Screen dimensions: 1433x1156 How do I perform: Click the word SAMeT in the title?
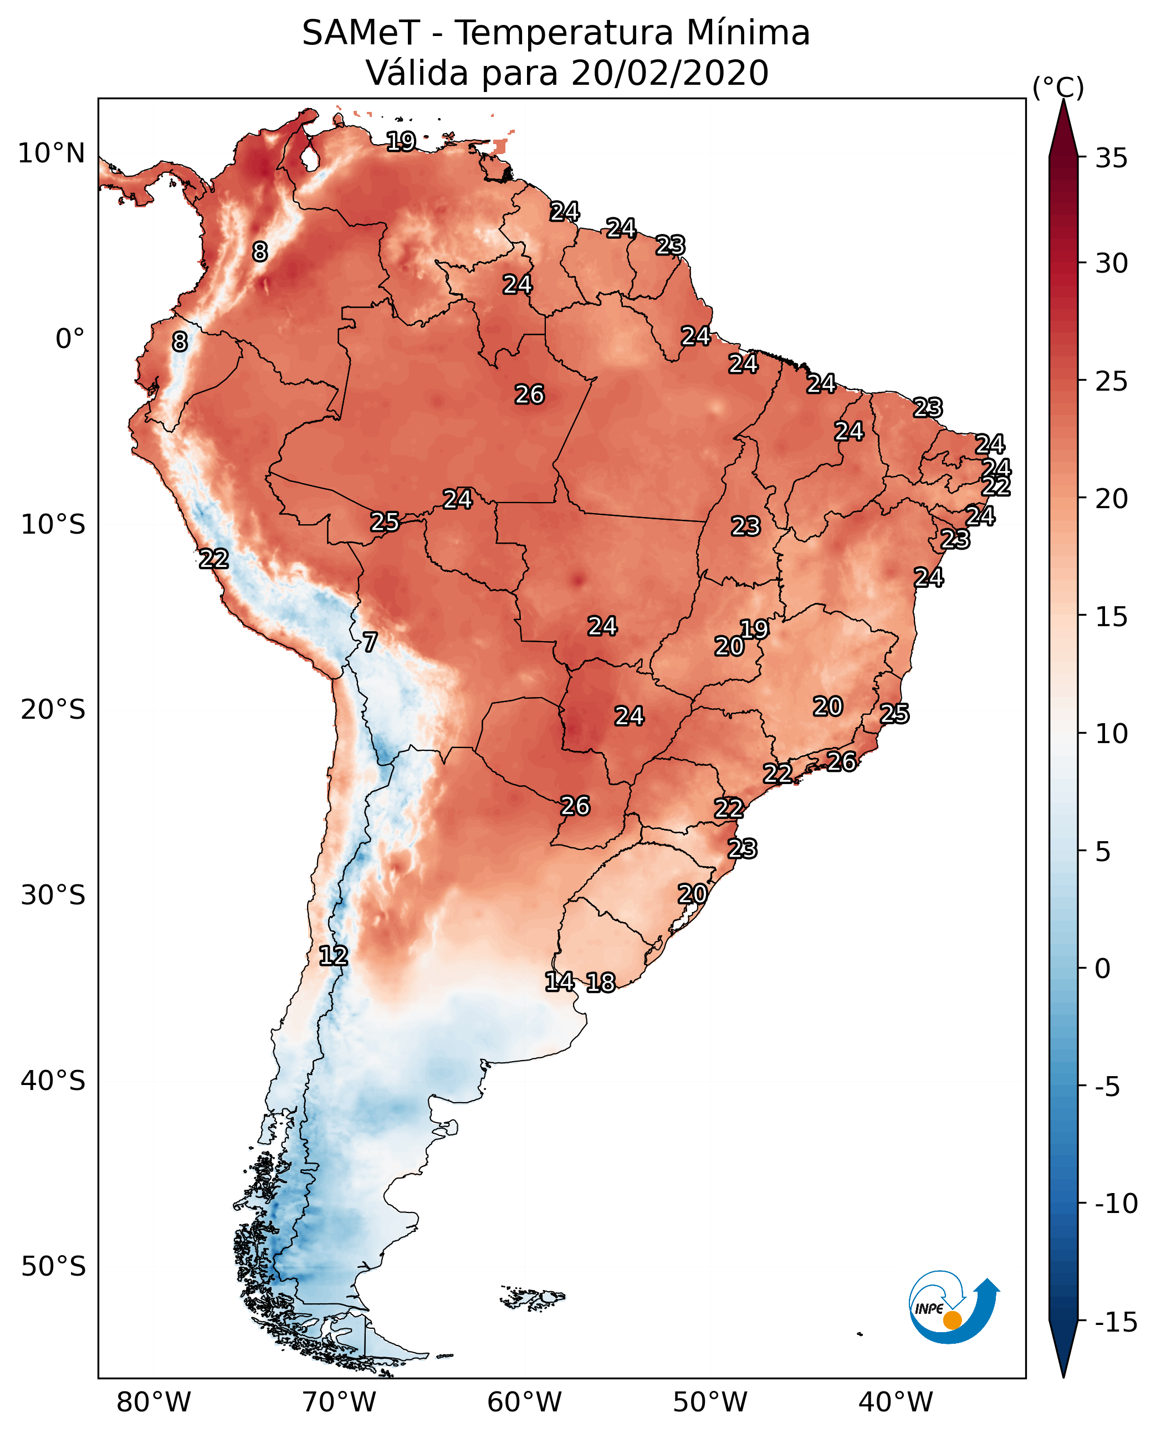tap(361, 33)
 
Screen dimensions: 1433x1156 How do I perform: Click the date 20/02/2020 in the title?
tap(669, 73)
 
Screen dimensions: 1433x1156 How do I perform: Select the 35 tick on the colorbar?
tap(1111, 158)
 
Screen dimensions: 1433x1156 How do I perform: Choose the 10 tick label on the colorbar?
tap(1111, 734)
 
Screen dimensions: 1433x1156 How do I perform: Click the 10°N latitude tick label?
tap(52, 154)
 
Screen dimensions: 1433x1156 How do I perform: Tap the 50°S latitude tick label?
tap(53, 1266)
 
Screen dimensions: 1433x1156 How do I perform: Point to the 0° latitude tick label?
tap(70, 339)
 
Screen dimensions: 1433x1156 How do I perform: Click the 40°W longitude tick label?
tap(896, 1403)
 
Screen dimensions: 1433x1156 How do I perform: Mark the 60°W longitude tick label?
tap(524, 1403)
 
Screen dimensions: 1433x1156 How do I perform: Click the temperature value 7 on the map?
tap(370, 643)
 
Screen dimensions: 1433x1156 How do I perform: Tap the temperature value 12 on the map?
tap(333, 956)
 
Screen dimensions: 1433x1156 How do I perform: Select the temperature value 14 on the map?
tap(559, 981)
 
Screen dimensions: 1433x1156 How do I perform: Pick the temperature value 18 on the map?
tap(601, 983)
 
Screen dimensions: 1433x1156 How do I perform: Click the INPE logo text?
tap(928, 1308)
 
